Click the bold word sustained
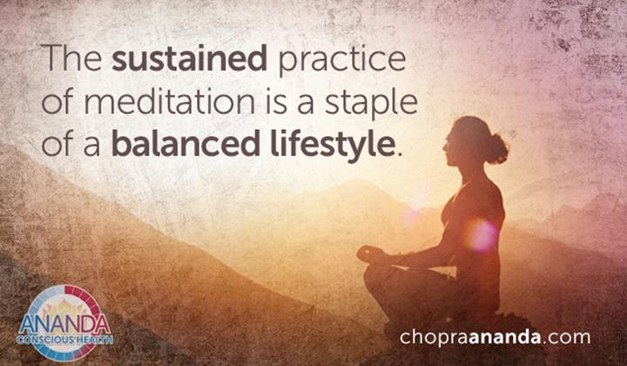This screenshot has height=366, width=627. click(189, 58)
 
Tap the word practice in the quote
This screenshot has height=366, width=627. click(342, 60)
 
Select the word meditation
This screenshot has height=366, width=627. click(169, 102)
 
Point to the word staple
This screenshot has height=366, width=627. click(371, 104)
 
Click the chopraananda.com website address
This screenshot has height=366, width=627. click(495, 336)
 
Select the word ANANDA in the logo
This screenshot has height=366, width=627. click(64, 324)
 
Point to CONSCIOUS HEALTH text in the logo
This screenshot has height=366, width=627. click(65, 340)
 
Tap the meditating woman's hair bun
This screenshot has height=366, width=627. click(497, 149)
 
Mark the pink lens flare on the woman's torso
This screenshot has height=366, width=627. click(482, 236)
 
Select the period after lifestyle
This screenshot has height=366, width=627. click(397, 154)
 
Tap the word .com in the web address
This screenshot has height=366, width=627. click(567, 337)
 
